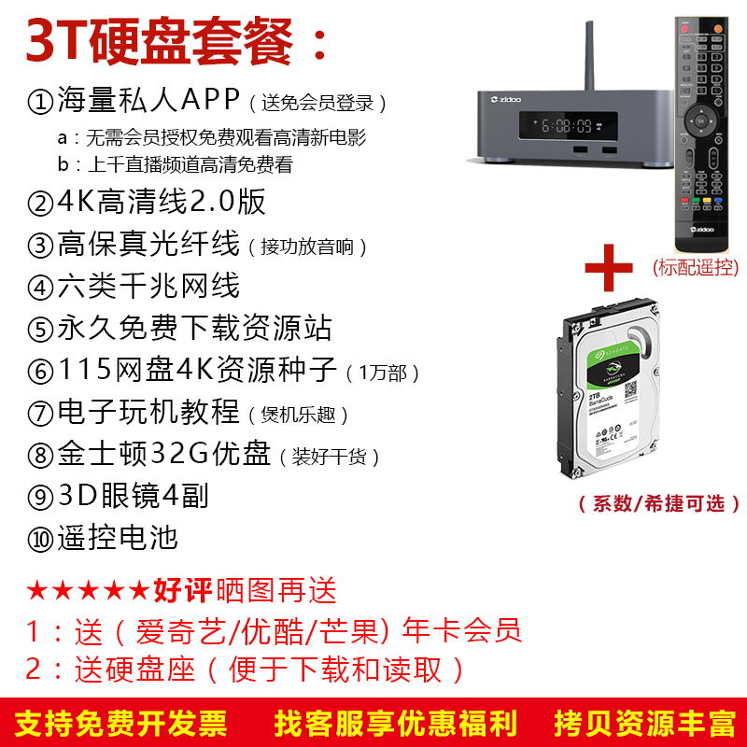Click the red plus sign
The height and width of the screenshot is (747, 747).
tap(609, 268)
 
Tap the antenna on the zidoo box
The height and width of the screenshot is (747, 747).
tap(589, 56)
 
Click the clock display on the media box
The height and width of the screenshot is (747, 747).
tap(568, 126)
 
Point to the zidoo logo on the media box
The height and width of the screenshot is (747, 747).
tap(505, 99)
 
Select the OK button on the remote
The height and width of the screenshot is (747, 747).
tap(701, 121)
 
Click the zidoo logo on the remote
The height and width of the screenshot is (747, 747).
tap(702, 229)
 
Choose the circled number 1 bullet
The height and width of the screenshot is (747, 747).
tap(40, 102)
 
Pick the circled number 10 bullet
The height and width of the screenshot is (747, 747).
tap(40, 540)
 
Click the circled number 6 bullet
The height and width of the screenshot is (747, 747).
tap(40, 371)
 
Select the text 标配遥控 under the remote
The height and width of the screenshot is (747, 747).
tap(696, 268)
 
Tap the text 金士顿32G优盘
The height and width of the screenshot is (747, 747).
tap(164, 453)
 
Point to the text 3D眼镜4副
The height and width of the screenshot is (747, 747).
tap(133, 496)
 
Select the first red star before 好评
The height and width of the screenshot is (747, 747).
tap(36, 591)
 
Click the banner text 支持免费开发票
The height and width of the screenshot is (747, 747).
tap(121, 723)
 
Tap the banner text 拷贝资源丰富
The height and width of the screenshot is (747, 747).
tap(644, 723)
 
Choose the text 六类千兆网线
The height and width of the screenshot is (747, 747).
tap(148, 286)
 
